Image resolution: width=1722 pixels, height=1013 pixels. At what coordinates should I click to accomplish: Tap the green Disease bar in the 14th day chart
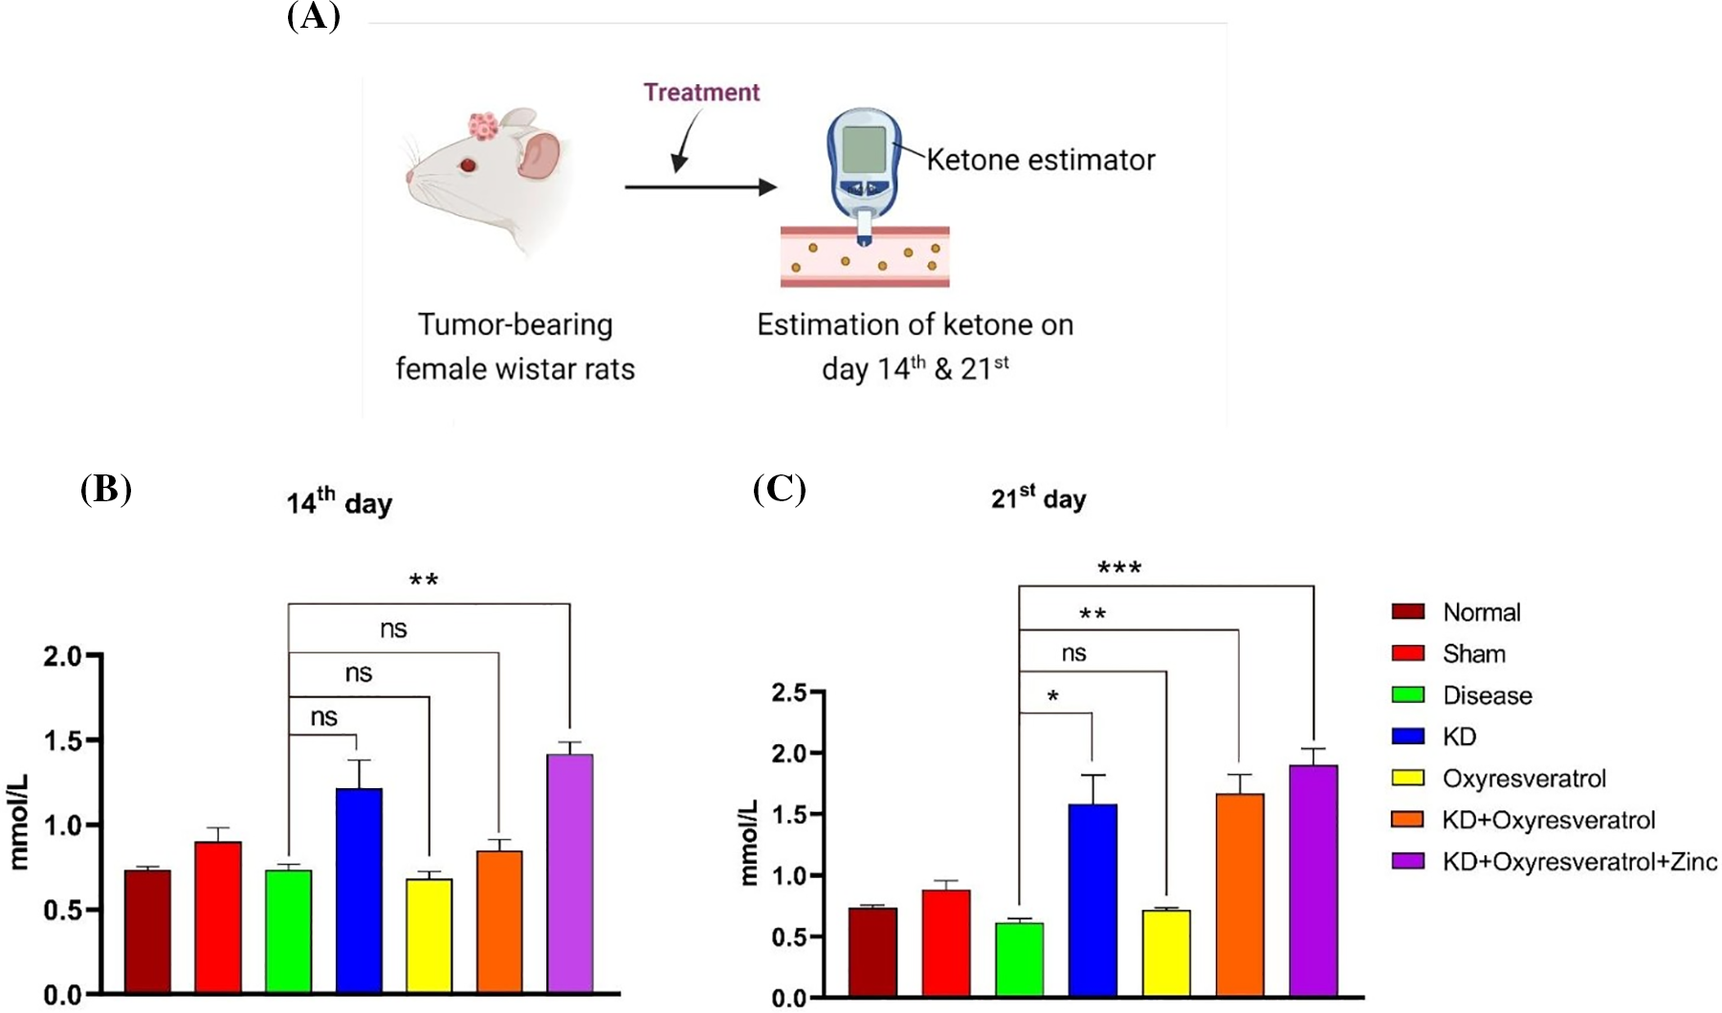click(288, 931)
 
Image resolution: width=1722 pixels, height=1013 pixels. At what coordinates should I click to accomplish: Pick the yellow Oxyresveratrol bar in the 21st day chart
click(1166, 953)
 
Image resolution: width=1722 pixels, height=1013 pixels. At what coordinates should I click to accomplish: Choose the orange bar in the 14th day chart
click(499, 921)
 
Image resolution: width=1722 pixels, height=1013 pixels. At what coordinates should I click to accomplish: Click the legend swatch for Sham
click(1407, 653)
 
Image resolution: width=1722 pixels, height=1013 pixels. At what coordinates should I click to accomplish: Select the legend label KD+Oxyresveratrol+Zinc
click(1579, 862)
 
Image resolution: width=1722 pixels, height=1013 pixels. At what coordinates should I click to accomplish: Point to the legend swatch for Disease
click(1407, 695)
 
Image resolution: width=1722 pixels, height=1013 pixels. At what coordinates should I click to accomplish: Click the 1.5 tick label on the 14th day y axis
click(62, 740)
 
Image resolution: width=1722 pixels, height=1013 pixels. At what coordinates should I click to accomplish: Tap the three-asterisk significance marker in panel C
click(1119, 569)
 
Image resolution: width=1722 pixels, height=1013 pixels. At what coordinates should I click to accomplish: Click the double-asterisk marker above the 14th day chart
click(424, 581)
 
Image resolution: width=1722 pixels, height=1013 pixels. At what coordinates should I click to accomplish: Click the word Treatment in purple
click(701, 93)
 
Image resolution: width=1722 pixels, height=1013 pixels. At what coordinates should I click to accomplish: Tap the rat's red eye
click(468, 165)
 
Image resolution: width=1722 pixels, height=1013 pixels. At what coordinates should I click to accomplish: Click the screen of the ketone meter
click(863, 148)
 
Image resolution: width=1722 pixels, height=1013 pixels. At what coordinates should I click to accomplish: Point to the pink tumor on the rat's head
click(484, 125)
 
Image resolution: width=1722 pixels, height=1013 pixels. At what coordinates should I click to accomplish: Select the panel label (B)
click(105, 489)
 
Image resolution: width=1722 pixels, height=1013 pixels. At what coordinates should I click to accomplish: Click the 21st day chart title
click(1038, 498)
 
